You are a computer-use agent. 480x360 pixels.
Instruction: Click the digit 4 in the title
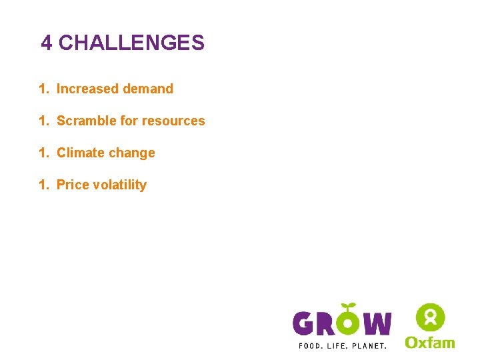[46, 43]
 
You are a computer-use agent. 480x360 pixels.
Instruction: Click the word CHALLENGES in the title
[131, 43]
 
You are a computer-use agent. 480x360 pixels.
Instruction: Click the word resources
[174, 121]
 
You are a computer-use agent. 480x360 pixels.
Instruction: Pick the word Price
[73, 185]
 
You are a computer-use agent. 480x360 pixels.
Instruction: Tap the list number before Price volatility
[43, 185]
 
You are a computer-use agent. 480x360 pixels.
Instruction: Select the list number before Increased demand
[43, 89]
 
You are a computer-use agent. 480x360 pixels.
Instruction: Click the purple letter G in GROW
[304, 324]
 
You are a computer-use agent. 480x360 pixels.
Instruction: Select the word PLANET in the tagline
[369, 345]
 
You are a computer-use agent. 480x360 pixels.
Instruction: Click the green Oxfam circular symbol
[430, 317]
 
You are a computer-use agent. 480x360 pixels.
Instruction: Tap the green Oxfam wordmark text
[430, 342]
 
